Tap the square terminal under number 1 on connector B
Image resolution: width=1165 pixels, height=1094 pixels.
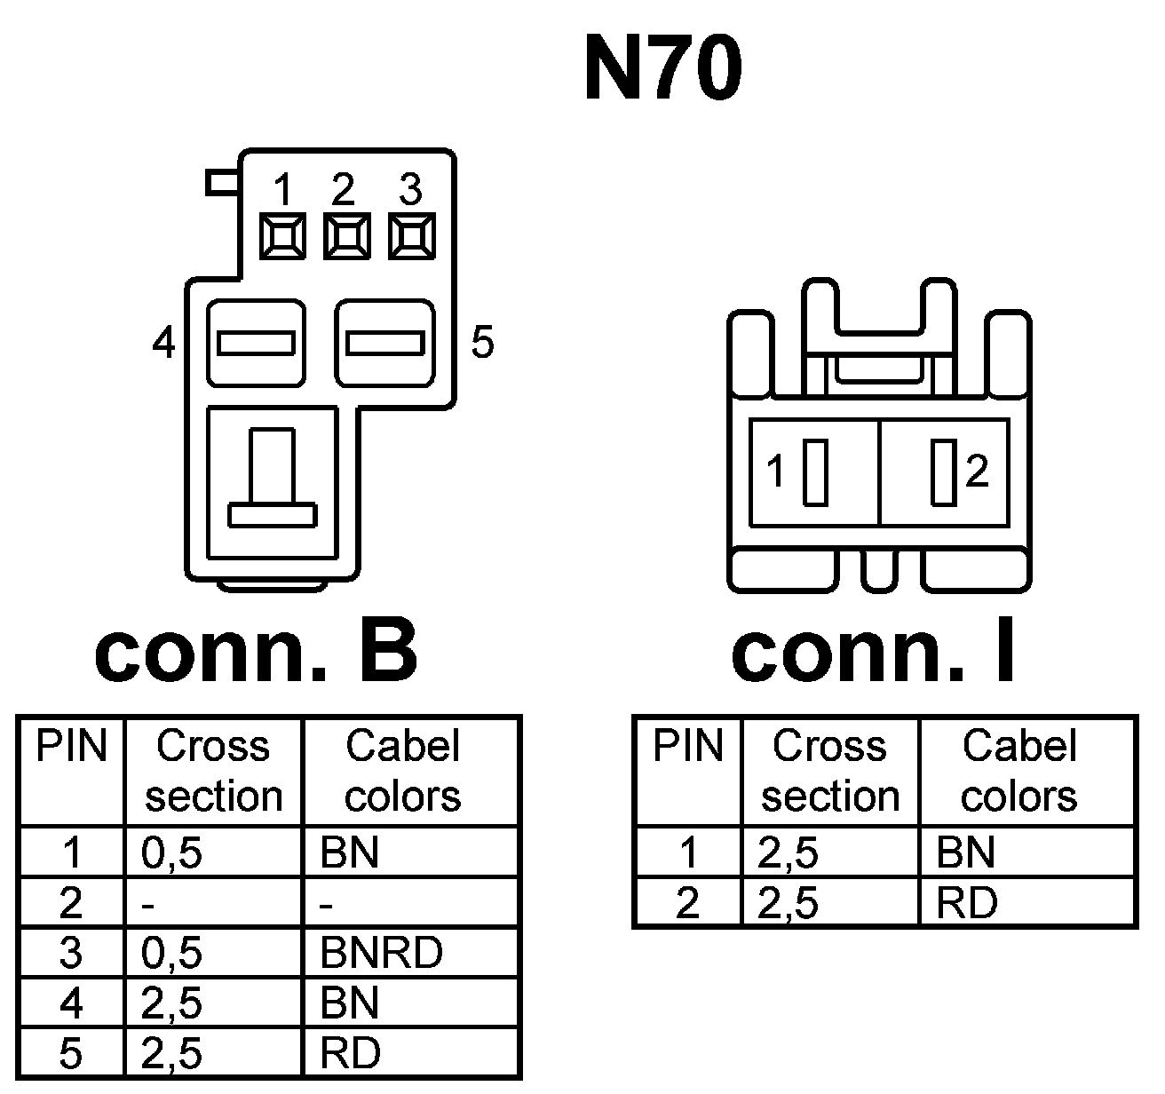pyautogui.click(x=282, y=237)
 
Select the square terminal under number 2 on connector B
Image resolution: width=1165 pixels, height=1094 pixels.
pyautogui.click(x=346, y=237)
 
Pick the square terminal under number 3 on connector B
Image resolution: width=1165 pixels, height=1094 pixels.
pyautogui.click(x=411, y=237)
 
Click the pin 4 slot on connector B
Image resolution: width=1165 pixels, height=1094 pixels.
pyautogui.click(x=256, y=343)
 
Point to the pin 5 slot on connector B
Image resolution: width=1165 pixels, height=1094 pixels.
pyautogui.click(x=384, y=343)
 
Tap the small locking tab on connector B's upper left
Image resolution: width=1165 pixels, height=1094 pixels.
pyautogui.click(x=222, y=182)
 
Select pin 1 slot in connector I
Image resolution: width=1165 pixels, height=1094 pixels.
pyautogui.click(x=814, y=472)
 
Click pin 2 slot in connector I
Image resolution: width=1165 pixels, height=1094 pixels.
pyautogui.click(x=943, y=472)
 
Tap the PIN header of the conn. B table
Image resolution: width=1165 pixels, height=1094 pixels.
pyautogui.click(x=71, y=748)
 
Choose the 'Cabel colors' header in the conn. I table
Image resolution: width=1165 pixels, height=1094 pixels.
pyautogui.click(x=1019, y=771)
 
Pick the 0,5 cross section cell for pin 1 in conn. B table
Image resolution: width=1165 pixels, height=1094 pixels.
pyautogui.click(x=171, y=853)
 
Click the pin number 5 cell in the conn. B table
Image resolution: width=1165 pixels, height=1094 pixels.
pyautogui.click(x=71, y=1054)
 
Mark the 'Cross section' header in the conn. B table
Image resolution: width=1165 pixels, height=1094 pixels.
pyautogui.click(x=213, y=771)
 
